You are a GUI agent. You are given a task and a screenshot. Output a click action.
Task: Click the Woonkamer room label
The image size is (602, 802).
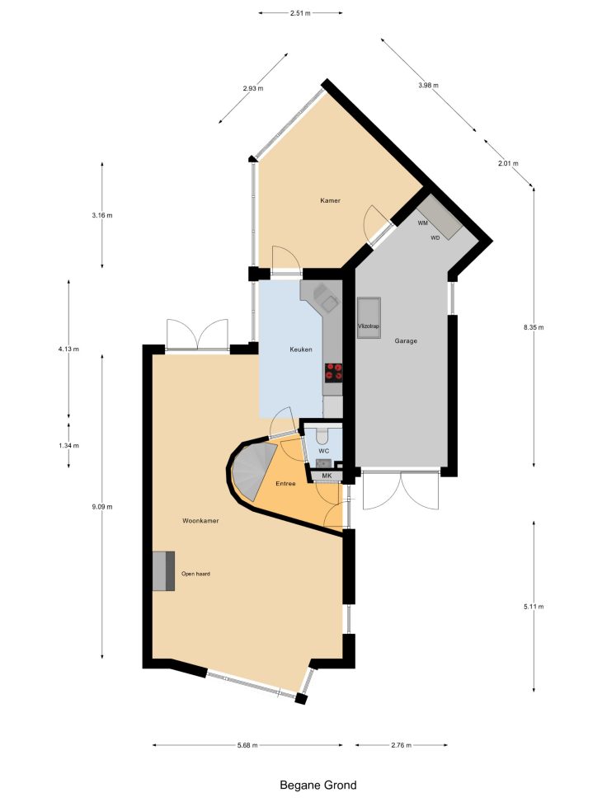coord(200,521)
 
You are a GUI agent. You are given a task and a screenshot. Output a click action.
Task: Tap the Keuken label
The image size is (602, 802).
coord(300,349)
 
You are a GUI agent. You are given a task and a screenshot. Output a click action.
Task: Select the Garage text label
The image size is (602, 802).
coord(406,340)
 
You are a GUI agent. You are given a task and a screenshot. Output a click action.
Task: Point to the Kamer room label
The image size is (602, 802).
coord(330,200)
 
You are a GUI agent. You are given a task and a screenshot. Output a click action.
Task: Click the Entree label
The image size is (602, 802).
coord(285,483)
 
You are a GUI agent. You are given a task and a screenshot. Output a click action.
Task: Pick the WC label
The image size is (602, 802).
coord(323,451)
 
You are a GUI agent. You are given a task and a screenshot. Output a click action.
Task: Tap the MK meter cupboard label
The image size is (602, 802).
coord(327,476)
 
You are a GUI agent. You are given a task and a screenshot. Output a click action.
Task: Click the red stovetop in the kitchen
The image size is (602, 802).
coord(333,372)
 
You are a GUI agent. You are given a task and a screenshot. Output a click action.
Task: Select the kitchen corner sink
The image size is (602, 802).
coord(325,298)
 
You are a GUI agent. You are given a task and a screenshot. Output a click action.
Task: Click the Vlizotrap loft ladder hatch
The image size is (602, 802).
coord(369,317)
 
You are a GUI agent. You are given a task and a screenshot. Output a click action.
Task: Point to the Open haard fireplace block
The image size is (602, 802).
coord(164,571)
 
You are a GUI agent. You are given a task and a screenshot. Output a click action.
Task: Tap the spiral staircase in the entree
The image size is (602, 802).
coord(253,471)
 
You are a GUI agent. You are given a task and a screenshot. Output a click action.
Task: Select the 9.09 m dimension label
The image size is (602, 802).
coord(102,507)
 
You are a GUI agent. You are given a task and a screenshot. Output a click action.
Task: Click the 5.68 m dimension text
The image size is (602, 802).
coord(247,745)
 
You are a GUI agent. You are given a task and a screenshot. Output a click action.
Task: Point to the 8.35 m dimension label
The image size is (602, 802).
coord(534,327)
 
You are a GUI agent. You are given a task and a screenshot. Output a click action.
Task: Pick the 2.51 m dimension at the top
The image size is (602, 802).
coord(300,13)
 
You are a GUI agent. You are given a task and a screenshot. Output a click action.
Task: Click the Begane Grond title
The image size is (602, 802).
coord(317,786)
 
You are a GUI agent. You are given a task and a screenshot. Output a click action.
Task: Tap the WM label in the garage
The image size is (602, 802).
coord(422,223)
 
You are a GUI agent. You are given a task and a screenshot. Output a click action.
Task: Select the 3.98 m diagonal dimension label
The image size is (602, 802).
coord(428,86)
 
